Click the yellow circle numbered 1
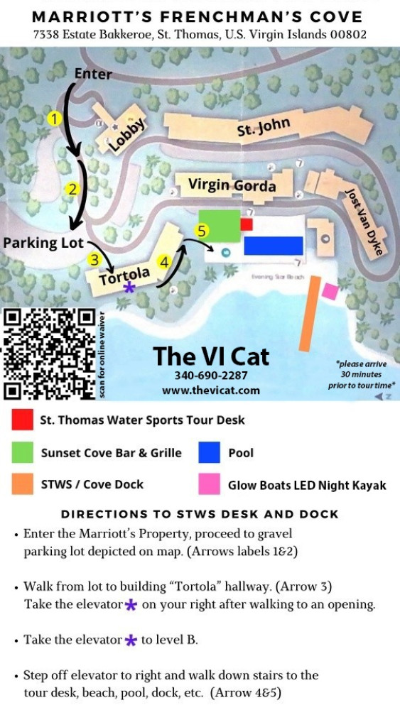point(53,119)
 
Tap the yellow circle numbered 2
point(72,189)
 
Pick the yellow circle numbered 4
point(164,262)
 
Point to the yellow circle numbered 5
point(202,231)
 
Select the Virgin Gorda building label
point(232,185)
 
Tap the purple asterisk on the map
point(129,288)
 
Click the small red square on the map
point(247,224)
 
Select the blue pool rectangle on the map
point(274,246)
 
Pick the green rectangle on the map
point(219,225)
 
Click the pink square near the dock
point(330,290)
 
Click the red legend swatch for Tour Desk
point(21,421)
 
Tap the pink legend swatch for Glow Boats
point(209,485)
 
